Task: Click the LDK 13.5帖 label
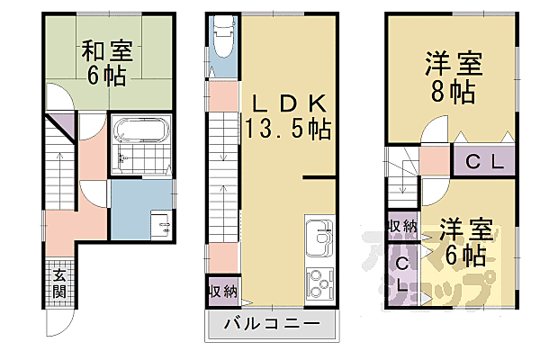[285, 114]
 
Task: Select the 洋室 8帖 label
[454, 76]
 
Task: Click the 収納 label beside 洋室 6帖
[401, 225]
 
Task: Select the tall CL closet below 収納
[401, 274]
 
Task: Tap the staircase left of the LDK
[222, 171]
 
